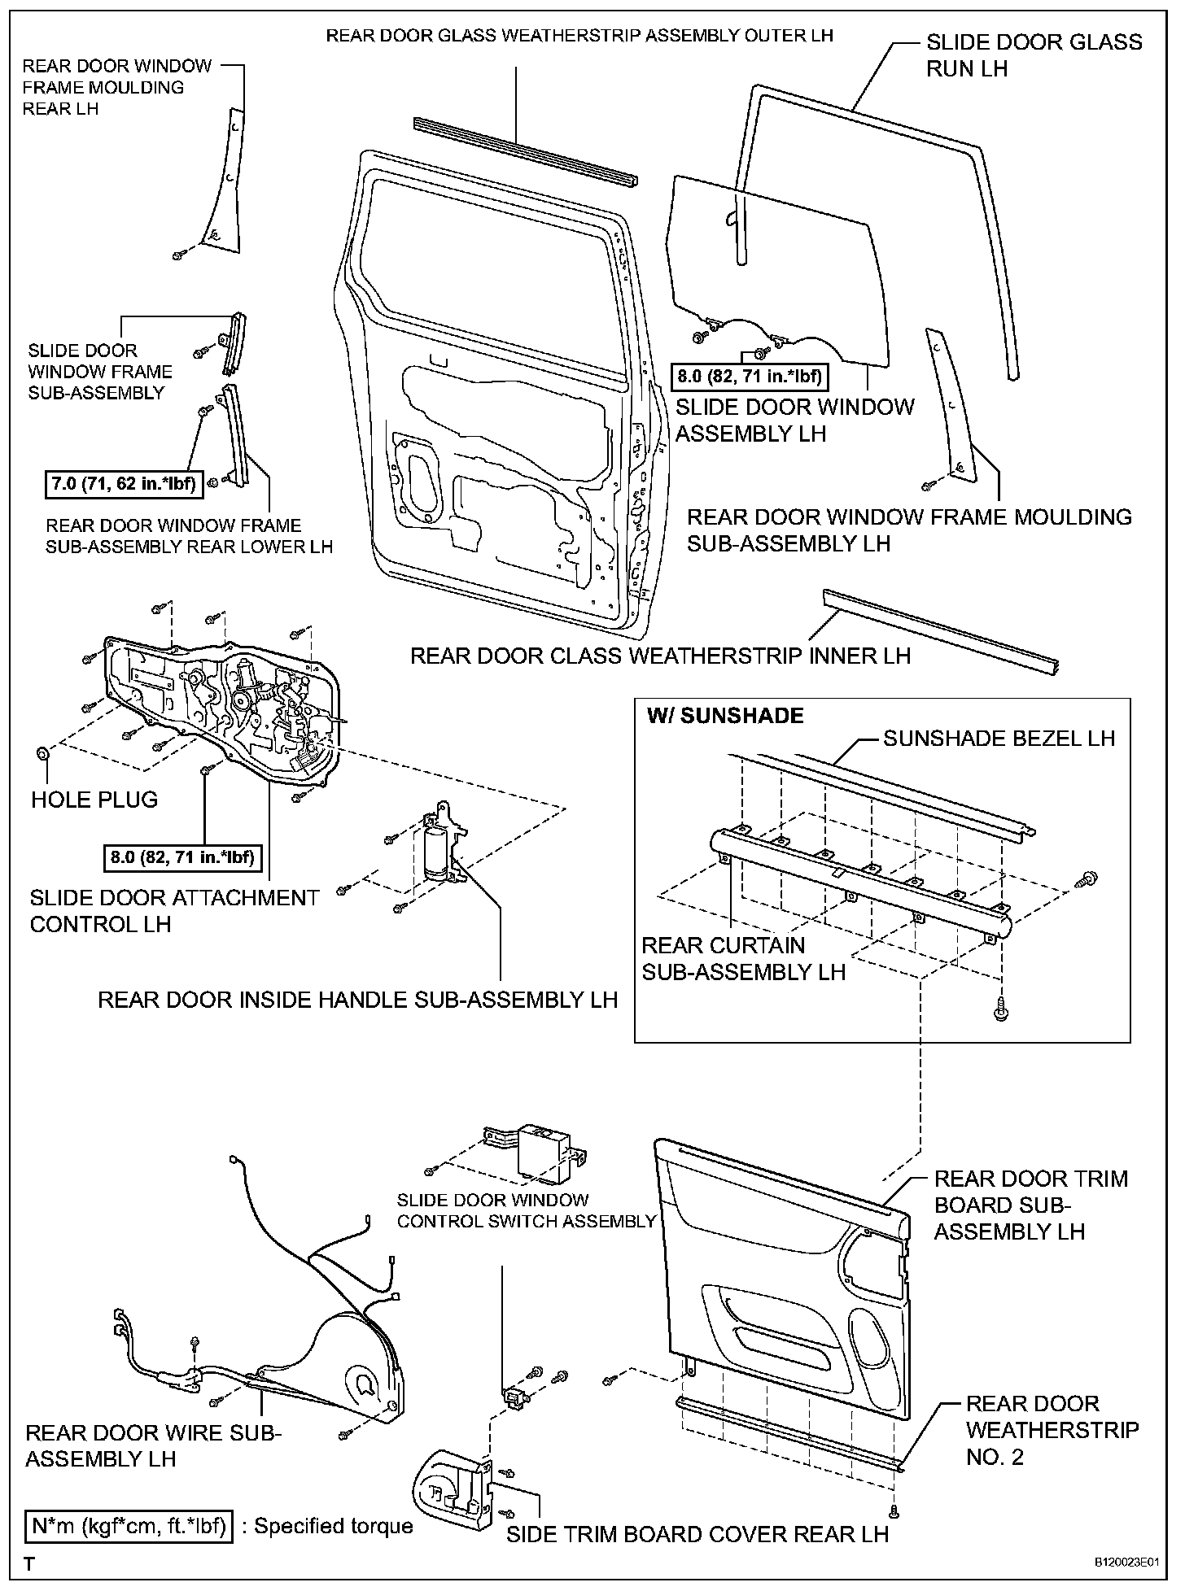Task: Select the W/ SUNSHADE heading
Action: (x=724, y=715)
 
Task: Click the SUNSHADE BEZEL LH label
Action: (x=999, y=738)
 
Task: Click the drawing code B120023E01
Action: (x=1125, y=1563)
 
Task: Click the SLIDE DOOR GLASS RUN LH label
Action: (x=1034, y=55)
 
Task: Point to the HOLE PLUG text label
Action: (x=94, y=800)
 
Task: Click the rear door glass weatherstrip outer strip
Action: (x=525, y=151)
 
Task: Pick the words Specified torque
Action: (x=334, y=1526)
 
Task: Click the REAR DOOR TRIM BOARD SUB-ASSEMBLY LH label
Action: (x=1030, y=1205)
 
